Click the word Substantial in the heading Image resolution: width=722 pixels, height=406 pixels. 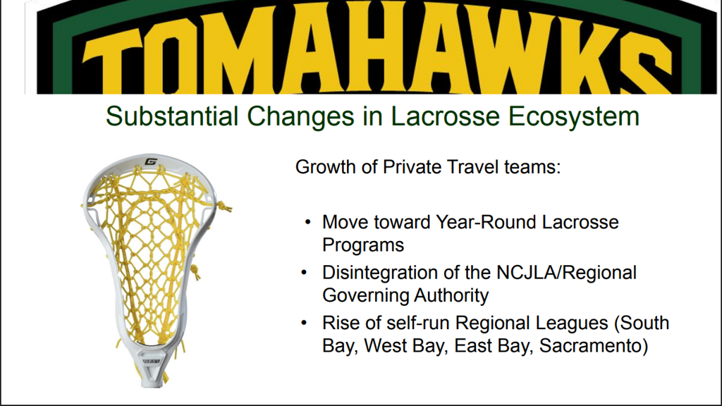172,116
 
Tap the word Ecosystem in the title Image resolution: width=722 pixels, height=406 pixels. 574,117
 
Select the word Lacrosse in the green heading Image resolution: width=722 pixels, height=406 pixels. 445,116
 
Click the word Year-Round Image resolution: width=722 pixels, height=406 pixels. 486,222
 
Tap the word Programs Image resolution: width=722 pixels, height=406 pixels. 363,245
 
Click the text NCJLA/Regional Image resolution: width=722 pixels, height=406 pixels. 566,273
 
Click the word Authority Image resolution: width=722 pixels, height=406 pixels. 451,295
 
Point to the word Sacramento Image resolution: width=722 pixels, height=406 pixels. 594,345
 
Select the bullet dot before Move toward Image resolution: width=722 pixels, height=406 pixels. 308,223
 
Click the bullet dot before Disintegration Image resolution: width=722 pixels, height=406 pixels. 304,273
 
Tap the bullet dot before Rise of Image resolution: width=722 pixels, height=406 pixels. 304,323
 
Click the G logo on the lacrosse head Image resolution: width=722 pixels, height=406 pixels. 151,161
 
